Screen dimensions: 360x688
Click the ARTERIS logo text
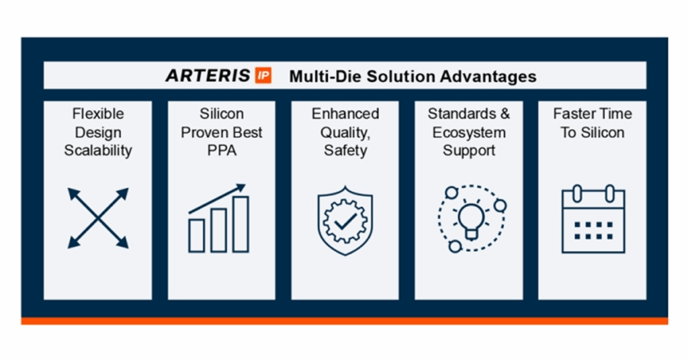pyautogui.click(x=209, y=75)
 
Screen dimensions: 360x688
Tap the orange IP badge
pyautogui.click(x=263, y=75)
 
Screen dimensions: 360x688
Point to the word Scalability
pyautogui.click(x=98, y=150)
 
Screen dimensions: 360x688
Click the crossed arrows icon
pyautogui.click(x=98, y=218)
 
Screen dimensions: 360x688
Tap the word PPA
pyautogui.click(x=221, y=150)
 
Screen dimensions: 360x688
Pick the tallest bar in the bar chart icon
pyautogui.click(x=241, y=224)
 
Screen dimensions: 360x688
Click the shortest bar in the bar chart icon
pyautogui.click(x=197, y=236)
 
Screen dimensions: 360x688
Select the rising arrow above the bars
pyautogui.click(x=218, y=198)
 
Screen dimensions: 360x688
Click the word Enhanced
pyautogui.click(x=345, y=114)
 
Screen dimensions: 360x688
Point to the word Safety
pyautogui.click(x=345, y=150)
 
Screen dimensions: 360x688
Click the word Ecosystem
pyautogui.click(x=468, y=132)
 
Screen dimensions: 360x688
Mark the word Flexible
pyautogui.click(x=98, y=114)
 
